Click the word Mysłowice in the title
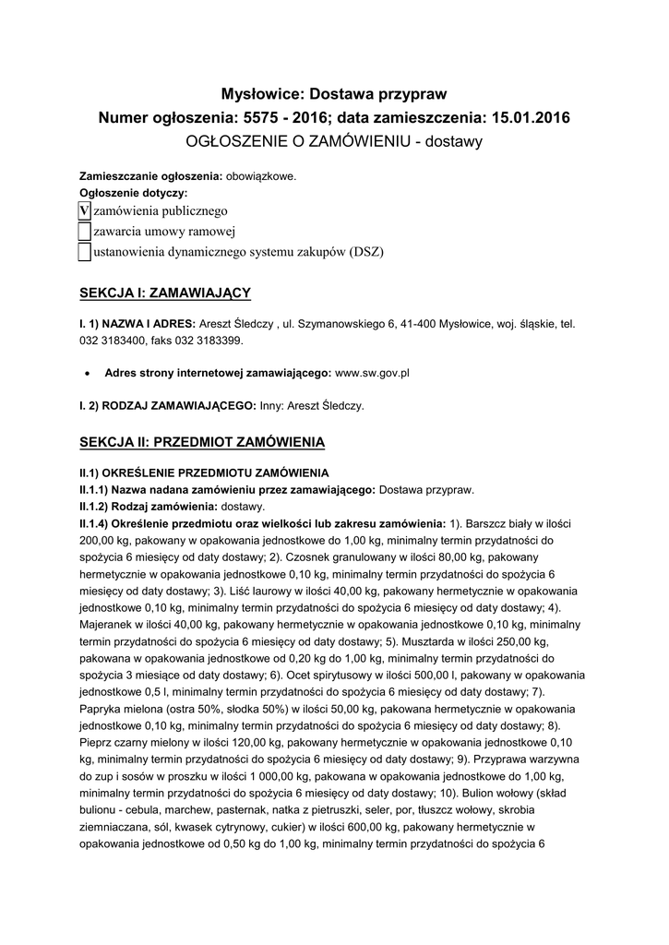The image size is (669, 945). coord(262,93)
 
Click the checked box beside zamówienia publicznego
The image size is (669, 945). coord(84,210)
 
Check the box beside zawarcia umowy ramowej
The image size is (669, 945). coord(84,231)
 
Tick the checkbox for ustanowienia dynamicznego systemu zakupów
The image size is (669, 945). coord(84,251)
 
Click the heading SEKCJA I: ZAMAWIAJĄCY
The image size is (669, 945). coord(165,293)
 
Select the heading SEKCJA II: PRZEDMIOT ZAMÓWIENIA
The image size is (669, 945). coord(202,442)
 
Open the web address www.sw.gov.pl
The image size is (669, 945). coord(372,373)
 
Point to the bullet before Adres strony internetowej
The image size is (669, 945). coord(86,374)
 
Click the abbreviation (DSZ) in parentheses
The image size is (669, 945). coord(365,251)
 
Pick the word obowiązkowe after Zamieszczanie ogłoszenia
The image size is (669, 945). coord(262,176)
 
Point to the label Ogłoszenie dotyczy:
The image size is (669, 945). coord(133,193)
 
